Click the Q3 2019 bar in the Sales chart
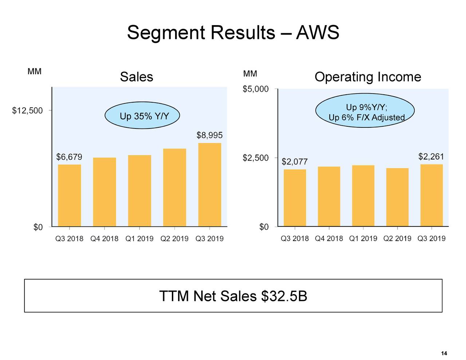pos(210,185)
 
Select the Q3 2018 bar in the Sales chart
pos(70,195)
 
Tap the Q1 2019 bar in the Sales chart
pos(139,191)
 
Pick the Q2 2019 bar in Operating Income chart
pos(397,197)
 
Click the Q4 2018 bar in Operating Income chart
pos(329,197)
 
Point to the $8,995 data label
pos(209,135)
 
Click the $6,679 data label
pos(69,157)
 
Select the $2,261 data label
pos(431,157)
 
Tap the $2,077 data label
pos(295,162)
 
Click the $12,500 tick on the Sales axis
pos(27,110)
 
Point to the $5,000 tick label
pos(256,89)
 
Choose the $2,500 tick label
pos(256,158)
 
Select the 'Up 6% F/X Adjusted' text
pos(366,118)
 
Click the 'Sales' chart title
pos(137,77)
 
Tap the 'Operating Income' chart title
pos(368,77)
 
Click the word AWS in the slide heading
pos(317,33)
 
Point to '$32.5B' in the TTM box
pos(284,296)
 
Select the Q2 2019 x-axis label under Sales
pos(174,239)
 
